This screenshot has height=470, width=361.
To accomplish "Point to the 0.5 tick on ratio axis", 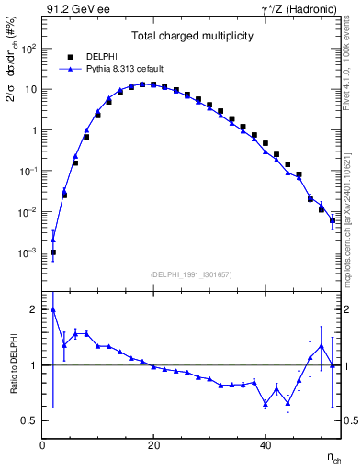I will [x=30, y=420].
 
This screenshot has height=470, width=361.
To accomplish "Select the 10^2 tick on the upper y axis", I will [x=28, y=49].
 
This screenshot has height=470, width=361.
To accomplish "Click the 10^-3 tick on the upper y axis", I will [x=28, y=252].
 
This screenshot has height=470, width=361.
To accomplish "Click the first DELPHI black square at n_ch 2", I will [x=53, y=252].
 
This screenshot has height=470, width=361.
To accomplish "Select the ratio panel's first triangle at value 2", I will [x=53, y=309].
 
